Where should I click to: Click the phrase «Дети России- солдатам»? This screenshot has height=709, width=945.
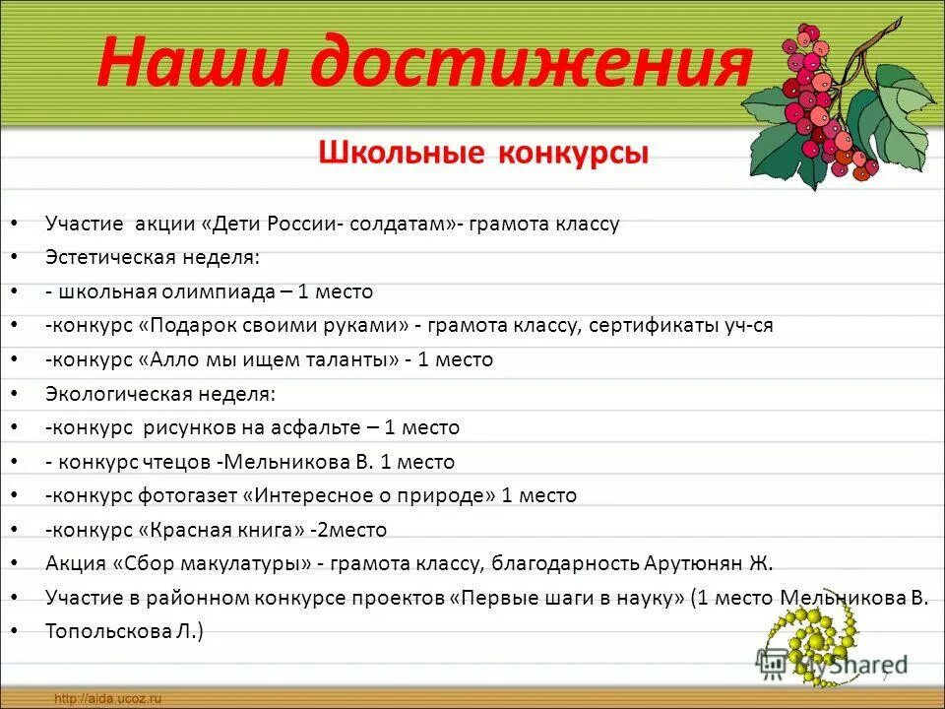coord(331,224)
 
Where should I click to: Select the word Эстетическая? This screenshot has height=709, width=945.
coord(109,258)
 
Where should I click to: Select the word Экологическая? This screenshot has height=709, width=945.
coord(111,394)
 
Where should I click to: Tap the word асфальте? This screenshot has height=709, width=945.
coord(328,427)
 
